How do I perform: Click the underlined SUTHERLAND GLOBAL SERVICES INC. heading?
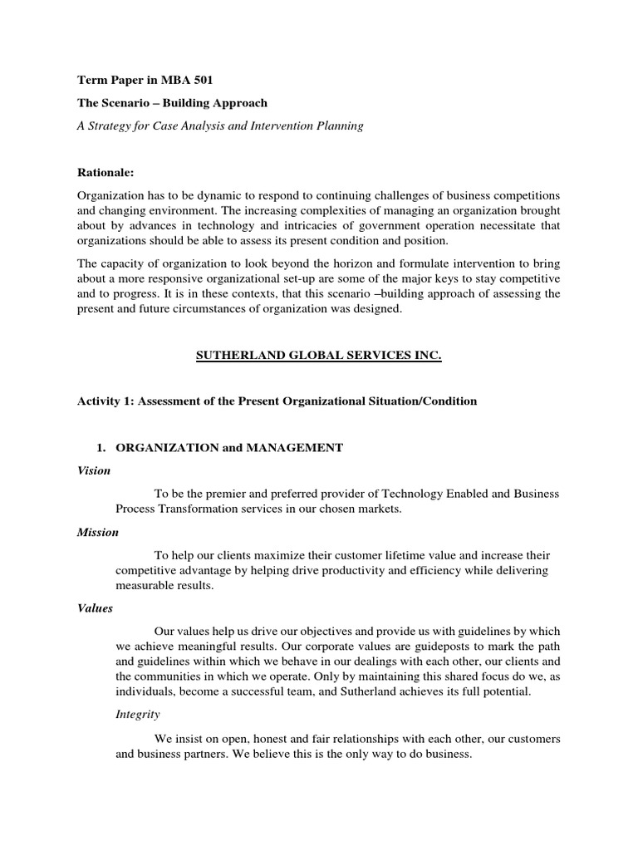click(x=319, y=356)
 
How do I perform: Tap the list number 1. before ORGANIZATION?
click(x=103, y=447)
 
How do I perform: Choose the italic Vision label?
click(x=94, y=470)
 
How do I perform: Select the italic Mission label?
click(x=98, y=532)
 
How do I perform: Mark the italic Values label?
click(x=96, y=608)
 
